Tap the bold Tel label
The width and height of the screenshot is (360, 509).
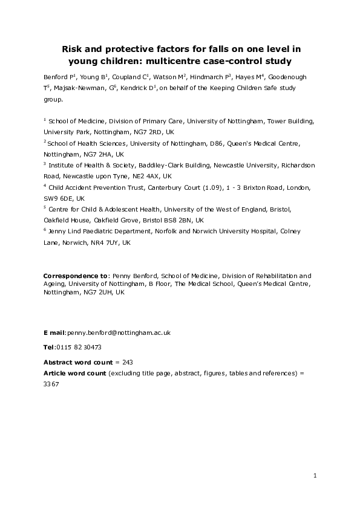(48, 347)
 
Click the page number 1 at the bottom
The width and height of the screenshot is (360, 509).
(315, 476)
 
